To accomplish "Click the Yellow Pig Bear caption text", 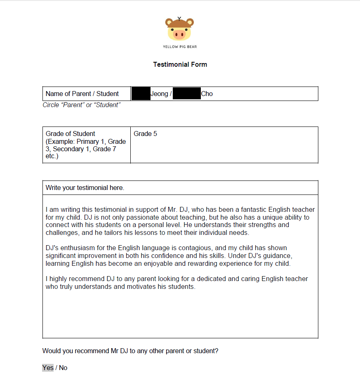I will tap(180, 47).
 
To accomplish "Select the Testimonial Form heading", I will tap(180, 64).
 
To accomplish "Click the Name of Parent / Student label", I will tap(82, 94).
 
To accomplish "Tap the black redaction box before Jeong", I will tap(141, 94).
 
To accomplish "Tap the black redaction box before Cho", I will tap(186, 94).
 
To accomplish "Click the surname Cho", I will tap(207, 94).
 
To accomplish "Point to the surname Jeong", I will tap(159, 94).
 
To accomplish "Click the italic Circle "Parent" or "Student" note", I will tap(82, 105).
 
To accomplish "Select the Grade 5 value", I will tap(145, 134).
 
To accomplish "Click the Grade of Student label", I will tap(71, 134).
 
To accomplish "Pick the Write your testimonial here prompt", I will tap(85, 187).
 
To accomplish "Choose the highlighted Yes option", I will tap(48, 368).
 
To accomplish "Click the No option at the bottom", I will tap(63, 368).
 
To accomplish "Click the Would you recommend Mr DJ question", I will tap(130, 351).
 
